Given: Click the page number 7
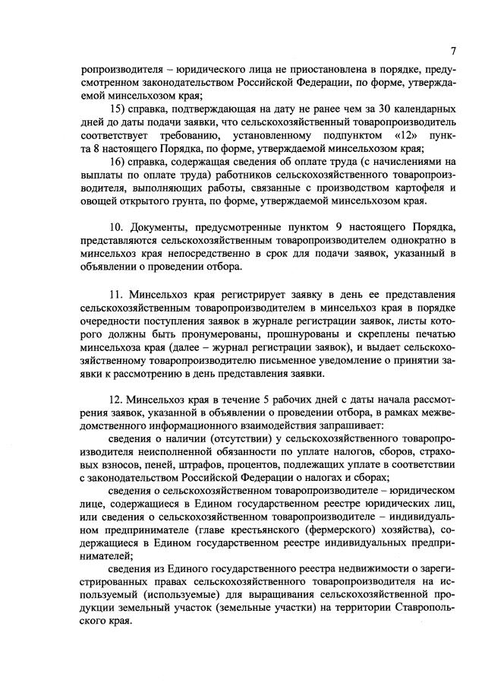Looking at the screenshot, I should pyautogui.click(x=452, y=51).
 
